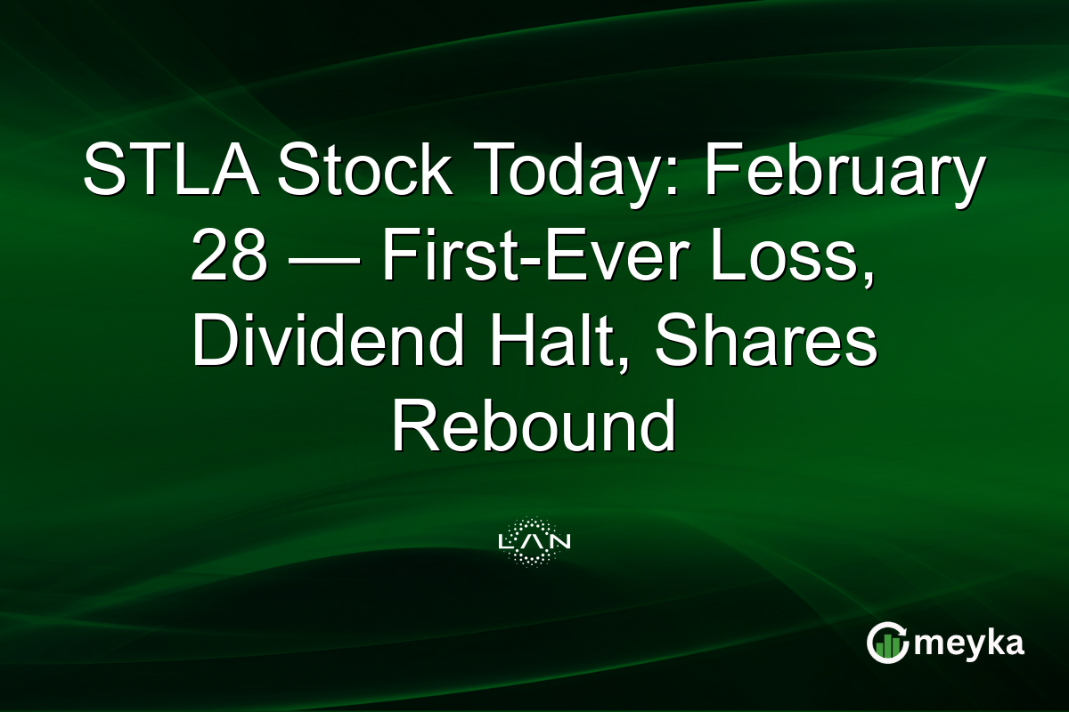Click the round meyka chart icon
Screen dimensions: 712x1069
tap(887, 643)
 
